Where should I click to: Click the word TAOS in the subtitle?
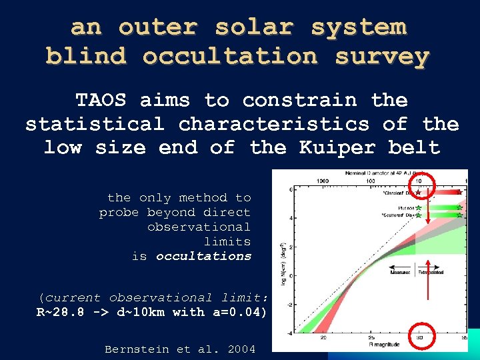[100, 101]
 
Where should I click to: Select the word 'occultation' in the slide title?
[230, 57]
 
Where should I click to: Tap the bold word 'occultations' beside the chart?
[203, 256]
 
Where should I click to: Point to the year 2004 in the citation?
[241, 349]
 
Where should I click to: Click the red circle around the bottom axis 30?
[421, 335]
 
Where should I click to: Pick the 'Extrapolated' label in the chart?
[431, 272]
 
